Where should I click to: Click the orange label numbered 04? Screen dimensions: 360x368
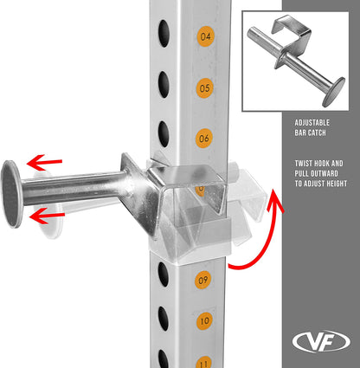[205, 36]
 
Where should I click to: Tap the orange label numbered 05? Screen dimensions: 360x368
[204, 88]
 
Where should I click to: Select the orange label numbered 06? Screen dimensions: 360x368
[204, 139]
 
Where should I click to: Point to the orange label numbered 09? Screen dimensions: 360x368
[203, 280]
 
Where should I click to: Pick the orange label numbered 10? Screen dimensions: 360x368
[205, 321]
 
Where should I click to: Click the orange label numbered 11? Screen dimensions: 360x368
[204, 363]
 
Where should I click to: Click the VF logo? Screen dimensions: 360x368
[321, 342]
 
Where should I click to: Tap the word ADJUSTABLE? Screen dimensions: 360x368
[312, 123]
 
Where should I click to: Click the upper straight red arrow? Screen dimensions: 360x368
[44, 163]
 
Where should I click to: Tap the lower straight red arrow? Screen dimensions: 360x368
[47, 216]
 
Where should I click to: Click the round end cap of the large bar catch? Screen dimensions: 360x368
[11, 194]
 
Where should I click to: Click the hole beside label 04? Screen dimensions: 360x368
[164, 34]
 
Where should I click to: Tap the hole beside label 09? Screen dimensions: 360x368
[163, 274]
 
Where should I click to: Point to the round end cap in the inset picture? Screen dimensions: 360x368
[334, 92]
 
